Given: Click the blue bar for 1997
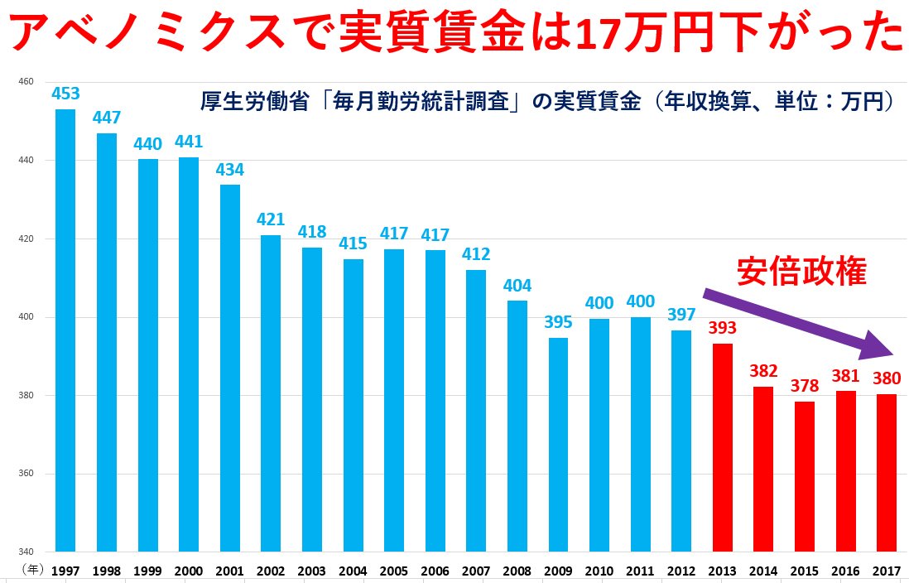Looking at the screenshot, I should tap(65, 331).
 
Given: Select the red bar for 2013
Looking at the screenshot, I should tap(723, 447).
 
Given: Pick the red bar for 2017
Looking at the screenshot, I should tap(887, 472).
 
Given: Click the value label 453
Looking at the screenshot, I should tap(65, 94).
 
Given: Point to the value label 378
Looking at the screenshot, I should tap(804, 386).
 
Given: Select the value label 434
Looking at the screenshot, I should tap(229, 169).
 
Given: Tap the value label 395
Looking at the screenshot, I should tap(559, 322).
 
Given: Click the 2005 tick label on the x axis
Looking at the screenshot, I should tap(394, 571).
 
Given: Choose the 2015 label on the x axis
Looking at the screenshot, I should tap(804, 571).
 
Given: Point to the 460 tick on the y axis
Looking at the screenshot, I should tap(25, 81).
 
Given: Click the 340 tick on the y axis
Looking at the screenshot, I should tap(25, 552).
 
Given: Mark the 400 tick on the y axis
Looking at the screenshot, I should tap(25, 317).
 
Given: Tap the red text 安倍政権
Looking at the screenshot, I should tap(801, 272).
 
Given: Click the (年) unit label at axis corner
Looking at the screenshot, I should tap(31, 571).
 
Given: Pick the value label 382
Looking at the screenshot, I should tap(763, 371).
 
